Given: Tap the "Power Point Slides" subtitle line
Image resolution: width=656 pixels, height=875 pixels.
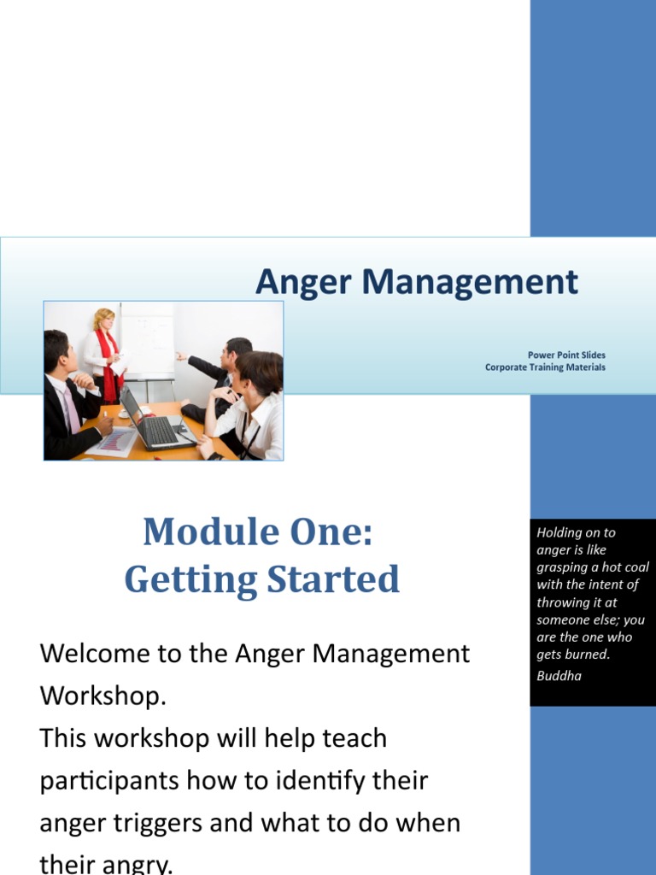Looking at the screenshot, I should [x=566, y=355].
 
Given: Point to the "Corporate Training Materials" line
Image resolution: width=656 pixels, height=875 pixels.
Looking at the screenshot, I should [x=545, y=367].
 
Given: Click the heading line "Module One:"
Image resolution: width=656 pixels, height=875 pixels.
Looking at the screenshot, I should [x=258, y=532].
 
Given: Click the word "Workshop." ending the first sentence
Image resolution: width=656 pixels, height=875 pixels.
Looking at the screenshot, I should [x=102, y=696].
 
